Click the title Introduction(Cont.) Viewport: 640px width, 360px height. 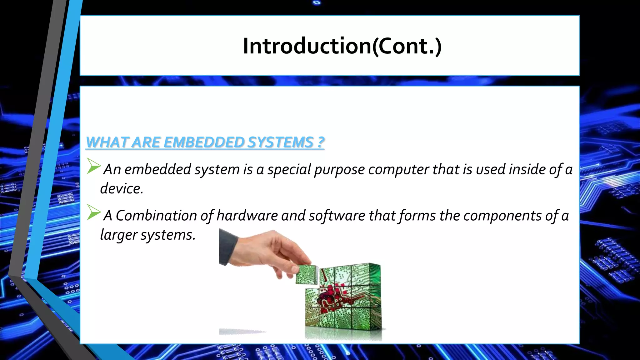pos(342,46)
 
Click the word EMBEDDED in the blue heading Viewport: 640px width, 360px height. pos(203,142)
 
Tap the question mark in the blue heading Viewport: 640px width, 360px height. pos(321,142)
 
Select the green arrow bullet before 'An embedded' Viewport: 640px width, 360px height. pos(93,166)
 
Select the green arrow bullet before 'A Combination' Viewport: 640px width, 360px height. pos(93,212)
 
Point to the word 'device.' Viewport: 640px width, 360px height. pos(122,189)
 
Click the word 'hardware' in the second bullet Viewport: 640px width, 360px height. pos(247,216)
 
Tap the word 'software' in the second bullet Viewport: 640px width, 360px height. pos(337,216)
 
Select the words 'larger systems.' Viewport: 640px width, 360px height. pos(147,235)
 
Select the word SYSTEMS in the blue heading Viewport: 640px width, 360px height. pos(280,142)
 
